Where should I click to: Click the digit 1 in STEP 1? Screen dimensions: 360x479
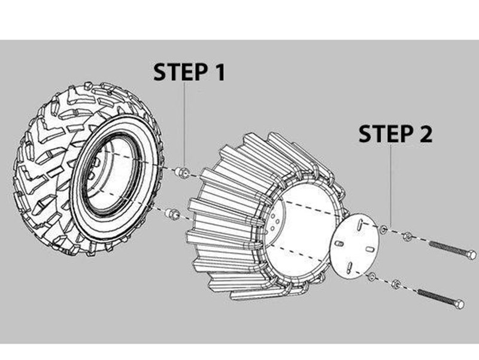[218, 72]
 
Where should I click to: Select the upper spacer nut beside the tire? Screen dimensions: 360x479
[184, 173]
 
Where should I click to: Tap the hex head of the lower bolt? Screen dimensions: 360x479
[459, 304]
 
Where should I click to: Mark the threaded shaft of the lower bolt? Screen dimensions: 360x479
[434, 295]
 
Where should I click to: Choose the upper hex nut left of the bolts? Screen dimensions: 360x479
[407, 235]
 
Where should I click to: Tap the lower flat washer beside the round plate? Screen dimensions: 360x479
[372, 276]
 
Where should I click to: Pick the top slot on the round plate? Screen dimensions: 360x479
[362, 226]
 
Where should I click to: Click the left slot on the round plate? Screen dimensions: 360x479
[339, 244]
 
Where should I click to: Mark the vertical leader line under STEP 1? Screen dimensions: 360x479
[184, 126]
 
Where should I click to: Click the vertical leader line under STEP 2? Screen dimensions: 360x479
[391, 186]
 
